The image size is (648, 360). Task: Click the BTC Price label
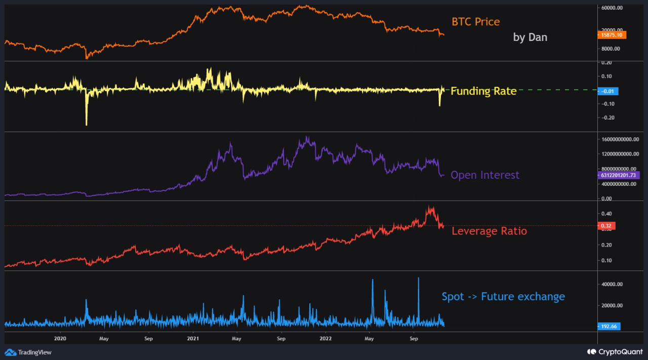(x=475, y=22)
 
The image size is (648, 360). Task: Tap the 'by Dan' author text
(x=530, y=37)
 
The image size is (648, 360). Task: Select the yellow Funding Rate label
(x=483, y=91)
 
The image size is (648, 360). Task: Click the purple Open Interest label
(x=485, y=175)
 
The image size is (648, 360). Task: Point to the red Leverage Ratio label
(x=489, y=231)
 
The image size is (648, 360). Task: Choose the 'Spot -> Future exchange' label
(x=503, y=297)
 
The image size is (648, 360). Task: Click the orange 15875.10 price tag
(x=612, y=35)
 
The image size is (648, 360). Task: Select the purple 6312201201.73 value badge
(x=619, y=175)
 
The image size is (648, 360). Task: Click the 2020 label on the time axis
(x=60, y=338)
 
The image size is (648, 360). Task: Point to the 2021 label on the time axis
(x=193, y=338)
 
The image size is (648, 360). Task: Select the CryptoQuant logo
(x=615, y=351)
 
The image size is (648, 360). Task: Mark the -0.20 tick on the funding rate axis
(x=607, y=118)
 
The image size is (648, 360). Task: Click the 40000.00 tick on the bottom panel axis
(x=612, y=285)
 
